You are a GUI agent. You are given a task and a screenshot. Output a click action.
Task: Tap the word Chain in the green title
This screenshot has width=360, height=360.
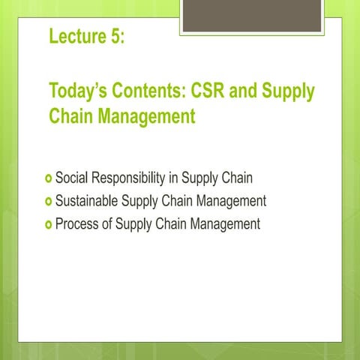[x=70, y=117]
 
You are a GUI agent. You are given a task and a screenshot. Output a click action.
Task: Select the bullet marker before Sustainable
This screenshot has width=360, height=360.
[x=49, y=202]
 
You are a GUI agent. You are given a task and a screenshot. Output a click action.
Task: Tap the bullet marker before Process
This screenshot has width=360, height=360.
[x=49, y=224]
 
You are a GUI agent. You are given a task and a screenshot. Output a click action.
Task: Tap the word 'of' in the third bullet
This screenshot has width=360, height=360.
[x=108, y=223]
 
